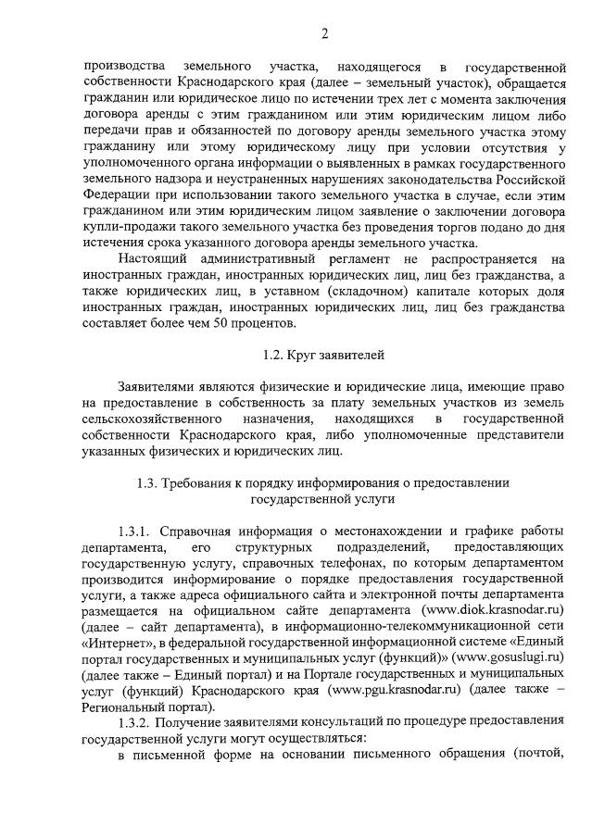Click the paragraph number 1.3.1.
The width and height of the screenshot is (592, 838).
135,531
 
